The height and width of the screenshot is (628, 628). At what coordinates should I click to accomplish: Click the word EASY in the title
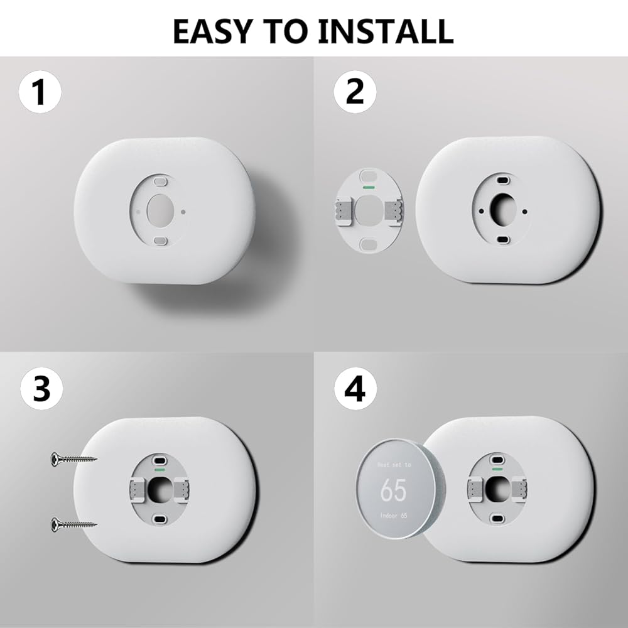[212, 31]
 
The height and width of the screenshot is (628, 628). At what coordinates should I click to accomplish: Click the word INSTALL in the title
[386, 31]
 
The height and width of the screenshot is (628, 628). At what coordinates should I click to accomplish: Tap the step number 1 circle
[40, 92]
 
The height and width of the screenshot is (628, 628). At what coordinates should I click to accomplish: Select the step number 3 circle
[41, 388]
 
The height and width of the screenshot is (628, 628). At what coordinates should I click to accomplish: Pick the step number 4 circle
[355, 388]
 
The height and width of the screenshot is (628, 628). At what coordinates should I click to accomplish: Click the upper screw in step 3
[73, 458]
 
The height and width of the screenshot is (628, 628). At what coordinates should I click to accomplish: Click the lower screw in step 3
[73, 524]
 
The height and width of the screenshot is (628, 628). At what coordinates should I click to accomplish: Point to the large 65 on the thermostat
[393, 489]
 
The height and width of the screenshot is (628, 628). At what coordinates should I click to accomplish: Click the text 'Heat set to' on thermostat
[394, 465]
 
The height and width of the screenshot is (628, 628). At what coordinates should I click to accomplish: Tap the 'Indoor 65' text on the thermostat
[393, 516]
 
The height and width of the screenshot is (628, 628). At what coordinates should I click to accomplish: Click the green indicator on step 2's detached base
[368, 187]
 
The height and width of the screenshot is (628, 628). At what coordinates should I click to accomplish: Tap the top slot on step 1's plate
[160, 181]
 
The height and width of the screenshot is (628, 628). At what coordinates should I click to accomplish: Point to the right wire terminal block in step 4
[519, 489]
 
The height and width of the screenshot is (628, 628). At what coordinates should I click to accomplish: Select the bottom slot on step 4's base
[497, 518]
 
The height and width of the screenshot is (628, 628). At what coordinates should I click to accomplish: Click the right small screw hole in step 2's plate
[524, 212]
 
